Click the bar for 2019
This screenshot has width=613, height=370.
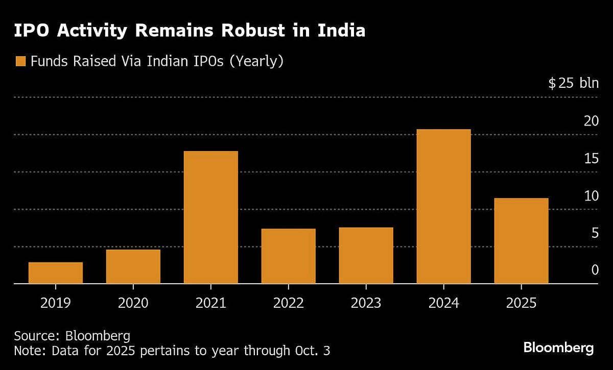point(56,273)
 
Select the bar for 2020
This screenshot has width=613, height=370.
point(133,266)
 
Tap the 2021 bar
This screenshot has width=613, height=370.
point(211,217)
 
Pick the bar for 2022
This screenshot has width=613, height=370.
point(289,256)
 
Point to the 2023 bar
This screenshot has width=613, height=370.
point(366,255)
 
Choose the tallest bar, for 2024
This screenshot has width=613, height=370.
point(444,206)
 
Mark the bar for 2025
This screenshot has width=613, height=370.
point(522,240)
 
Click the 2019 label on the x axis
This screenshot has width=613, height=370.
point(56,303)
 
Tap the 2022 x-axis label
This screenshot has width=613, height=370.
point(289,303)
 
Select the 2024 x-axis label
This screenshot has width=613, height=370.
point(444,303)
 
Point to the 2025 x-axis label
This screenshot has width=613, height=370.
point(522,303)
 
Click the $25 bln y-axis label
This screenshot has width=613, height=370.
point(573,83)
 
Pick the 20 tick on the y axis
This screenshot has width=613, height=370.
point(591,121)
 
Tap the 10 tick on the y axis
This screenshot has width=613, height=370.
point(591,195)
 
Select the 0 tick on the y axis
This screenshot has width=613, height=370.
point(595,270)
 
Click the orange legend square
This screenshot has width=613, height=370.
point(20,62)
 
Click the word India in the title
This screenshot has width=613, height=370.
point(342,31)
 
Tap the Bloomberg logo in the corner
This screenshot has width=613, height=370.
point(558,348)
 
